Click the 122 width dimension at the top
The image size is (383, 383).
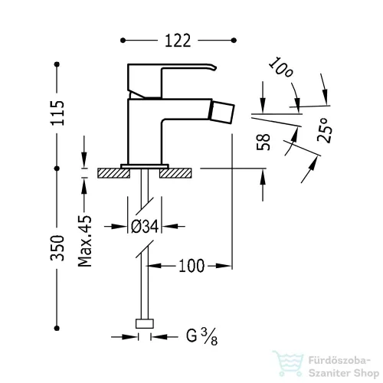pyautogui.click(x=178, y=41)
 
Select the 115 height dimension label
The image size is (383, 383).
pyautogui.click(x=57, y=113)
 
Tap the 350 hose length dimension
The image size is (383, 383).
pyautogui.click(x=57, y=248)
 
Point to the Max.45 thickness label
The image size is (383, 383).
pyautogui.click(x=85, y=241)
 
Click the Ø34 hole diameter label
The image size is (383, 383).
pyautogui.click(x=145, y=226)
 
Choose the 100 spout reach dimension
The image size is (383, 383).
pyautogui.click(x=191, y=266)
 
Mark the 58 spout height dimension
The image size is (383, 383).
pyautogui.click(x=264, y=142)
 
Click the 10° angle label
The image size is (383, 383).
pyautogui.click(x=281, y=67)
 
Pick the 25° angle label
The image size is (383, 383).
pyautogui.click(x=325, y=130)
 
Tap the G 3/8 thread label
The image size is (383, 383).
pyautogui.click(x=201, y=336)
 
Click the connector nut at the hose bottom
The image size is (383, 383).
pyautogui.click(x=145, y=323)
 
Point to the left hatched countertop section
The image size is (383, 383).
pyautogui.click(x=113, y=173)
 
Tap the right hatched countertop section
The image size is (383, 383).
pyautogui.click(x=175, y=173)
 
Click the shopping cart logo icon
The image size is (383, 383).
pyautogui.click(x=289, y=362)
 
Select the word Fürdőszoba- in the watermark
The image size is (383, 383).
pyautogui.click(x=339, y=361)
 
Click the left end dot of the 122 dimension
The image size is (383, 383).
pyautogui.click(x=123, y=41)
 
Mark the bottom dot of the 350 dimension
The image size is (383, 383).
pyautogui.click(x=57, y=328)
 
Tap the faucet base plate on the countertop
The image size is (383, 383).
pyautogui.click(x=145, y=166)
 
